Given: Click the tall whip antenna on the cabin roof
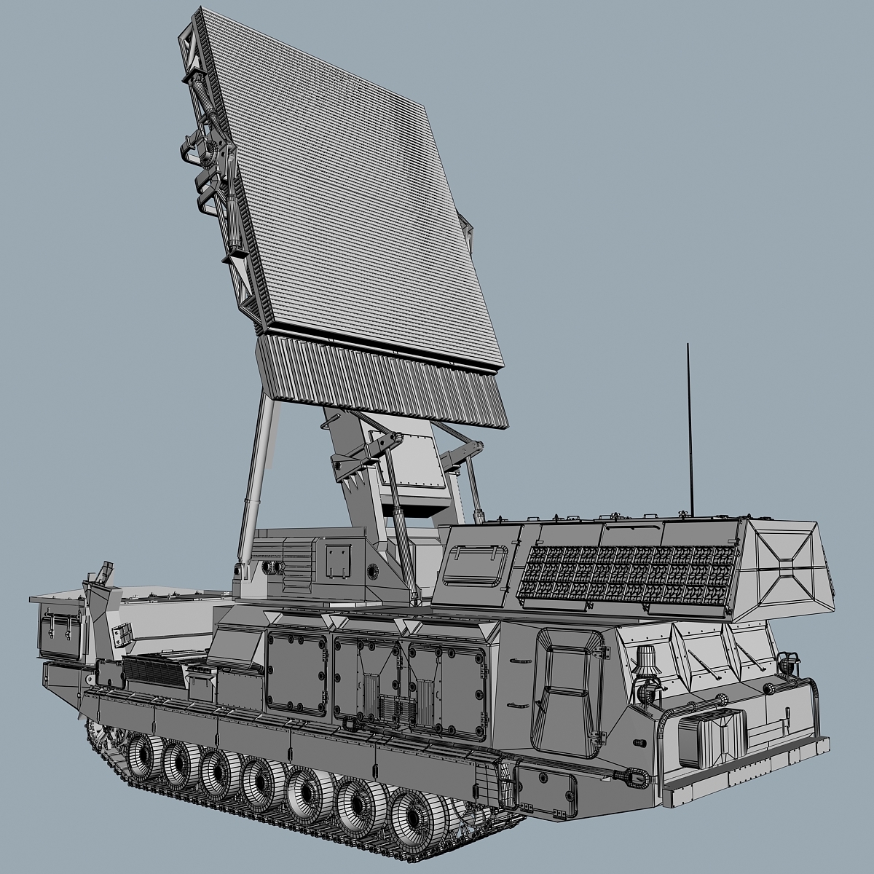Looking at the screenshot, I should coord(689,430).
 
